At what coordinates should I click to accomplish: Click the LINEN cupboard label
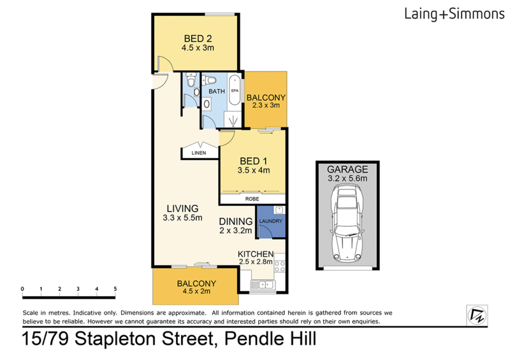[199, 154]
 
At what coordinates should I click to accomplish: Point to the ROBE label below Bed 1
[253, 199]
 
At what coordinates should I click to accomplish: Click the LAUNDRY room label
[270, 221]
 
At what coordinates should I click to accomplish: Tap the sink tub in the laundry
[279, 210]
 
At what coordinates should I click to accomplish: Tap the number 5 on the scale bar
[115, 289]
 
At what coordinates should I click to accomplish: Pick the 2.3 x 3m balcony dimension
[266, 105]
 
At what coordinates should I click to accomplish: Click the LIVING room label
[183, 208]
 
